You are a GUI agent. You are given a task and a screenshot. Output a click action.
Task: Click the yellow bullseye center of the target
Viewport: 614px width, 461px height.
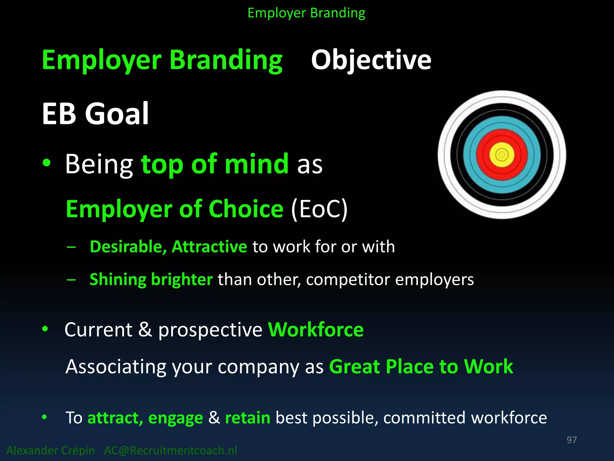(502, 155)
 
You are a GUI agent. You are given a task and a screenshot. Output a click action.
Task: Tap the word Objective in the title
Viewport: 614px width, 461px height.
(371, 60)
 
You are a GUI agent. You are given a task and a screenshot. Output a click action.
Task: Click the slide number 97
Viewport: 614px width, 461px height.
(571, 440)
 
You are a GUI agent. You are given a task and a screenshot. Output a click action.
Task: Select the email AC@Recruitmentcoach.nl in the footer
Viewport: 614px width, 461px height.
(171, 450)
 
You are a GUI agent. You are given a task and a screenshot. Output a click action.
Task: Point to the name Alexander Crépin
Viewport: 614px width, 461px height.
(51, 450)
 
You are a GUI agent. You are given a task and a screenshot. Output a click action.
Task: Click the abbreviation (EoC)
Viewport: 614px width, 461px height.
(319, 209)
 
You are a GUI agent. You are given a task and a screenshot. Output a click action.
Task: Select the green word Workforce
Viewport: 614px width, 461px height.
(316, 330)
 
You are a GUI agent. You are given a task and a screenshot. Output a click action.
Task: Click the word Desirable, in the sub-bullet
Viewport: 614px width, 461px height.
(128, 247)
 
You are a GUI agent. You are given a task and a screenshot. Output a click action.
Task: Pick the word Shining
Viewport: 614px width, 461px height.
(118, 280)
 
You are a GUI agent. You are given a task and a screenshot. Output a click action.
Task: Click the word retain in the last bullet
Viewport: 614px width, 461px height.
(248, 417)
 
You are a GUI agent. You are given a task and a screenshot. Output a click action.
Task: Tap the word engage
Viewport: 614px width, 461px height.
(175, 418)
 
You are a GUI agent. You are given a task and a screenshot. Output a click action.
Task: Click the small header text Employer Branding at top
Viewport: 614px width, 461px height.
(306, 13)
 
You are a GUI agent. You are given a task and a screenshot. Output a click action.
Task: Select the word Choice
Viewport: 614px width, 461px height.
(246, 209)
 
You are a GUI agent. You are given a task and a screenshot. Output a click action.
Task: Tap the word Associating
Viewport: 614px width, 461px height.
(116, 367)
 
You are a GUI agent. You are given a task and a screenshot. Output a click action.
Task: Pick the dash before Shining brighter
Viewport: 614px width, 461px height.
(71, 280)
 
